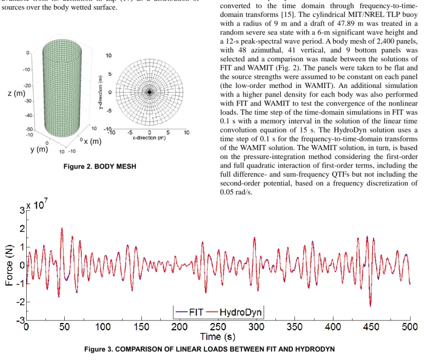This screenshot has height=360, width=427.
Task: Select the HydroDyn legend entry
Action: pos(234,312)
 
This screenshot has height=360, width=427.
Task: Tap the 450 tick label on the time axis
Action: pos(371,327)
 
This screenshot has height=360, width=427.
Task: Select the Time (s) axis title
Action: pos(218,337)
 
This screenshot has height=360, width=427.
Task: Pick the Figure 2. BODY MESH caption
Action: pos(100,167)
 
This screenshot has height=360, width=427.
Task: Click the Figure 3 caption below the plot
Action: pos(210,349)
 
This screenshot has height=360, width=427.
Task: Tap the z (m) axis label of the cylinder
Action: pos(16,94)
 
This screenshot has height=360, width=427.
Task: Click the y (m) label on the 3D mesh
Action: pos(39,150)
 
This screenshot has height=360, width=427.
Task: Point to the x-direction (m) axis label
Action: pos(149,138)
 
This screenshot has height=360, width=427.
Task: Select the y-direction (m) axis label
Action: pos(101,92)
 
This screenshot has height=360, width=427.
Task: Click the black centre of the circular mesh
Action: pos(149,93)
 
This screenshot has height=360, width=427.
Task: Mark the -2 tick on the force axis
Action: pos(21,302)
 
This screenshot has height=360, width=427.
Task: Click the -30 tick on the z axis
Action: pos(28,101)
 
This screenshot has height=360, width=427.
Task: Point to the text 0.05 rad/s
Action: pos(236,192)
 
